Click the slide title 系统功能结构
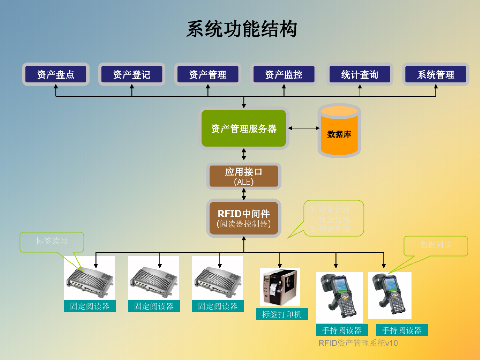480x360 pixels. [242, 29]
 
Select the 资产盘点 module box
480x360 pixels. [56, 74]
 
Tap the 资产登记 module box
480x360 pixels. [132, 74]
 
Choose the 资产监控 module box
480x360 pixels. [284, 74]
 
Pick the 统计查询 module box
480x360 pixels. [360, 74]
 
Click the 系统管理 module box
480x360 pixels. [436, 74]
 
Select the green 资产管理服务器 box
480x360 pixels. [244, 128]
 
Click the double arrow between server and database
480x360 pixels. [303, 127]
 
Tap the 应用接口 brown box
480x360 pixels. [244, 176]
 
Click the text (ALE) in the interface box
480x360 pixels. [244, 182]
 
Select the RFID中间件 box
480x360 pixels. [244, 218]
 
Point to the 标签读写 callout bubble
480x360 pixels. [52, 241]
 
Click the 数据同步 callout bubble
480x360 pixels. [436, 245]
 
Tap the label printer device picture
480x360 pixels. [279, 287]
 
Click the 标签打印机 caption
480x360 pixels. [282, 314]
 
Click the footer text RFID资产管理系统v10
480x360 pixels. [358, 343]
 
